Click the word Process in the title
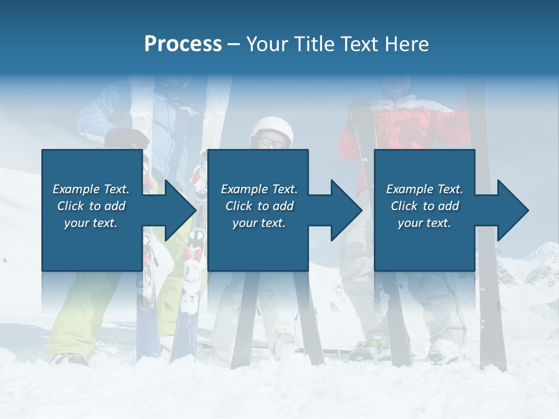[x=183, y=44]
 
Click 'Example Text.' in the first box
[x=91, y=189]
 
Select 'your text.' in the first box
[x=91, y=223]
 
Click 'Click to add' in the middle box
[x=259, y=206]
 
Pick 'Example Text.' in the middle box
[x=259, y=189]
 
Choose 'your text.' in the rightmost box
[x=424, y=223]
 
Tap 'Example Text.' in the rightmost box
[x=424, y=189]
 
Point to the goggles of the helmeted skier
[x=272, y=141]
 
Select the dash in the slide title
[x=234, y=44]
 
